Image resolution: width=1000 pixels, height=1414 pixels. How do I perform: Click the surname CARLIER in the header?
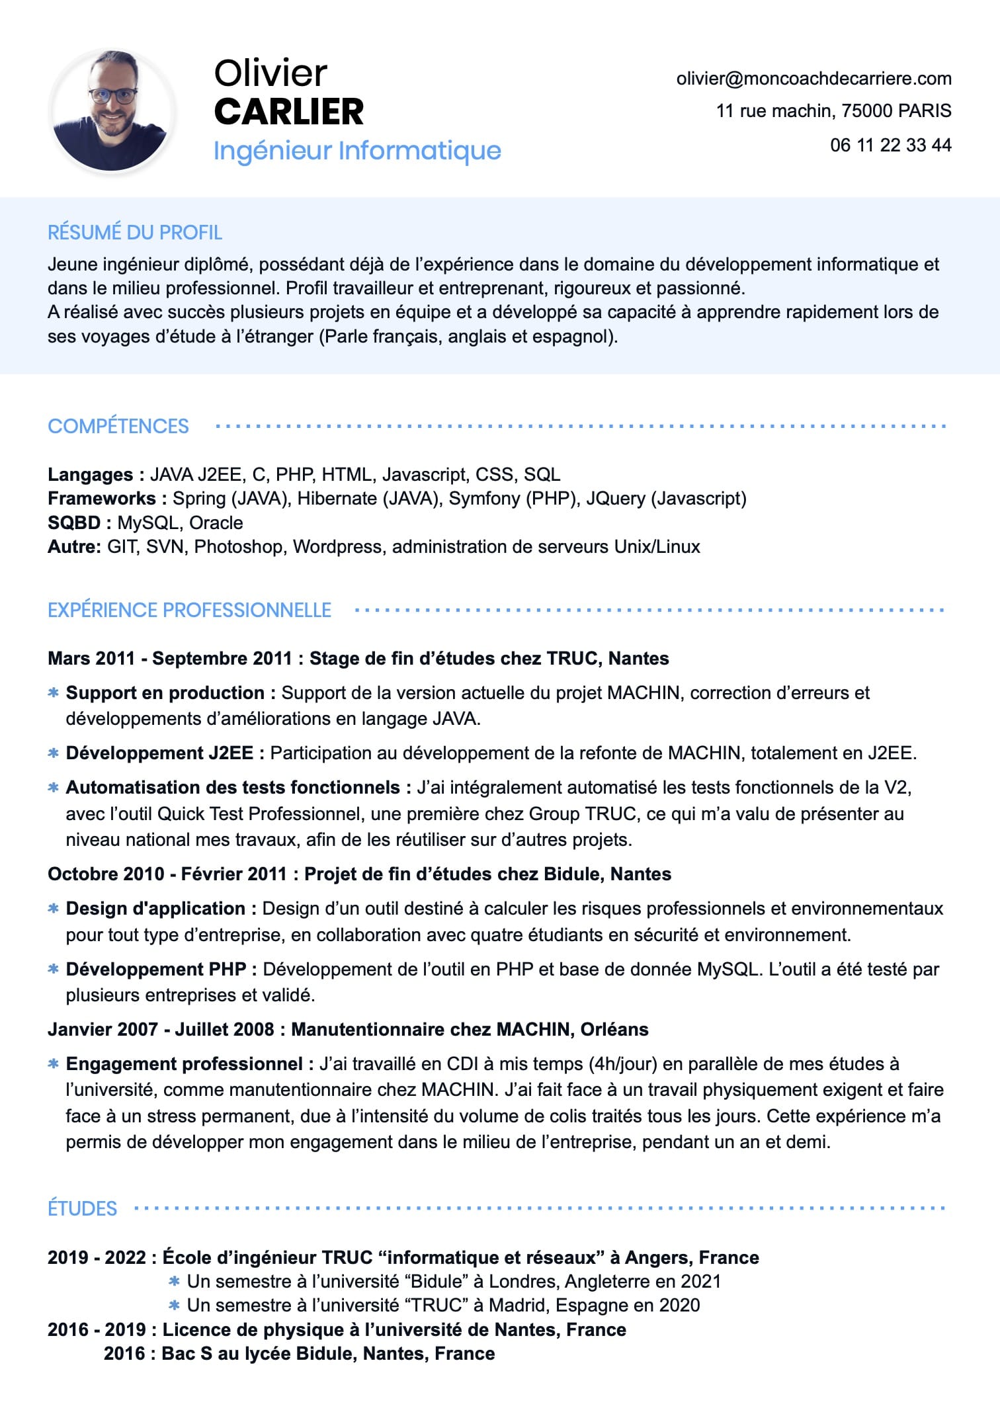coord(289,111)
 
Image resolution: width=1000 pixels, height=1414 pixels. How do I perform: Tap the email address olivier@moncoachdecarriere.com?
coord(813,79)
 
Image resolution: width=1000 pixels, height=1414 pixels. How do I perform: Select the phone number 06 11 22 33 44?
coord(890,145)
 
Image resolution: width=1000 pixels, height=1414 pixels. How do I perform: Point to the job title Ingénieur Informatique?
coord(357,150)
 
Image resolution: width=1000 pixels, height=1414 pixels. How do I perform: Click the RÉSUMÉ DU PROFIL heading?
coord(135,232)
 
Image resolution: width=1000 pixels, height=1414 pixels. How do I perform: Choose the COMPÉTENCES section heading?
coord(118,426)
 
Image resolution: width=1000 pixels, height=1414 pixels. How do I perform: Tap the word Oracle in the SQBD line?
coord(216,522)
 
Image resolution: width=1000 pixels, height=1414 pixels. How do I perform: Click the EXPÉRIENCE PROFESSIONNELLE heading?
coord(189,610)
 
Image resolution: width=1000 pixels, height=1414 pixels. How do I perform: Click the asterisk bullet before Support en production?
coord(54,692)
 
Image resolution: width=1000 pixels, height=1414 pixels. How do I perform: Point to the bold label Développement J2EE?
coord(159,753)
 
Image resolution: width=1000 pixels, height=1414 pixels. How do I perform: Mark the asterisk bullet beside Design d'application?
coord(54,908)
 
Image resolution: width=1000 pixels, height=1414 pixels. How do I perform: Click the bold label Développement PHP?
coord(156,969)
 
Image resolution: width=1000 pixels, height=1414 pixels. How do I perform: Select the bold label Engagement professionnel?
coord(185,1063)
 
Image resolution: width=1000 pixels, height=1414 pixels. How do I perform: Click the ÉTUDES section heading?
coord(82,1208)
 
